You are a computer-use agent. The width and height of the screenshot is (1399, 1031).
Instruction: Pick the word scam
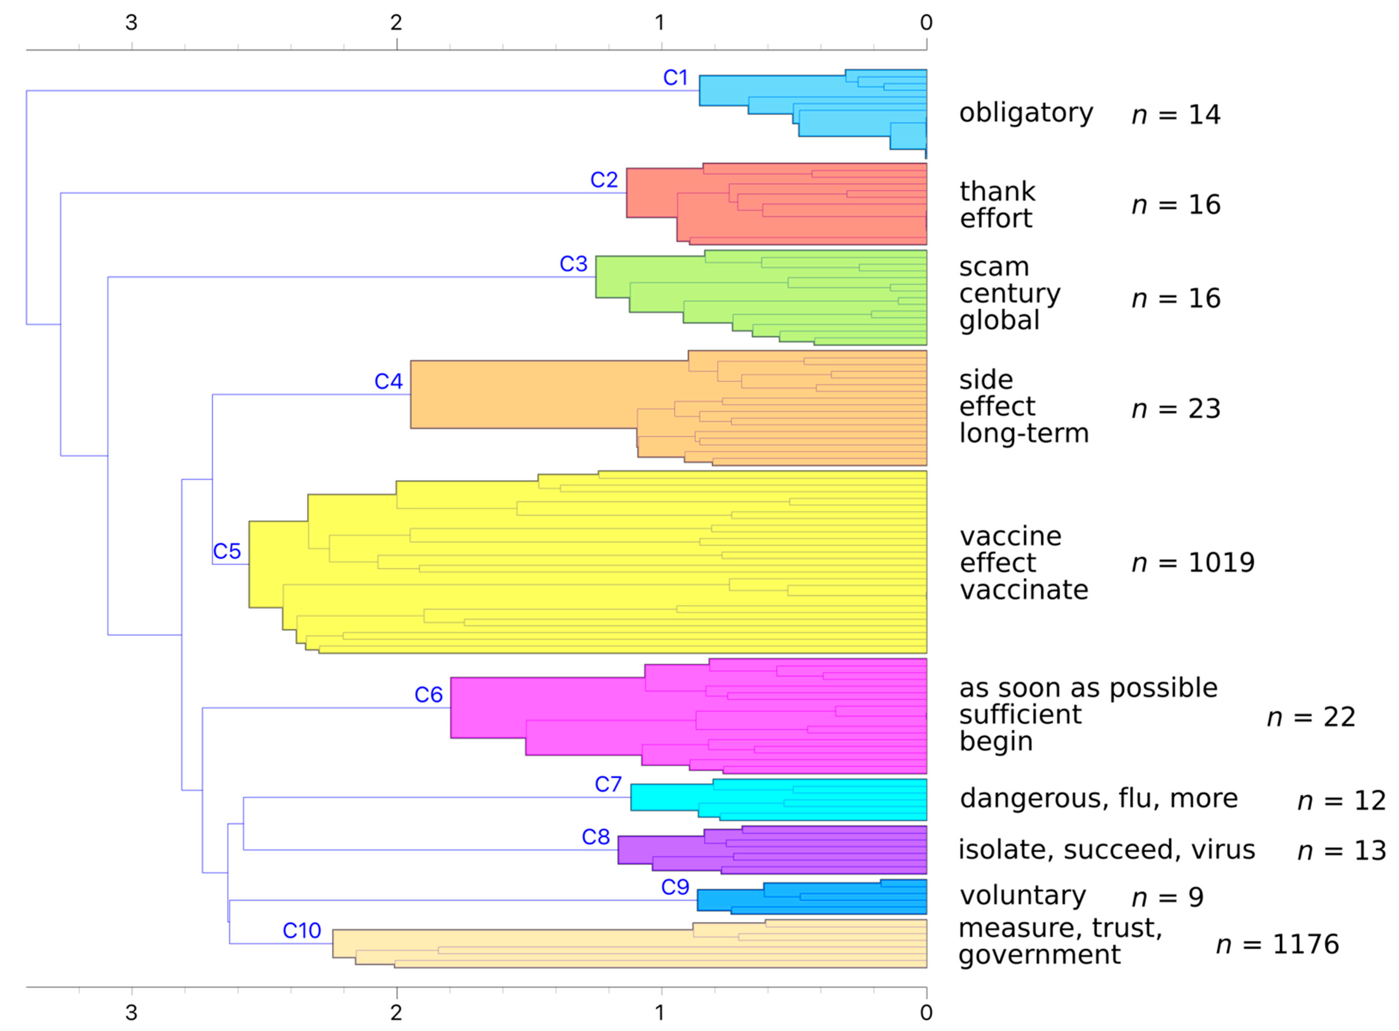(x=993, y=267)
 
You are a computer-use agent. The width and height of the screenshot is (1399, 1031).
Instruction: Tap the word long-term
(x=1024, y=433)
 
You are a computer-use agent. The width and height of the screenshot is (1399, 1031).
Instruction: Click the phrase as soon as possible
(x=1088, y=688)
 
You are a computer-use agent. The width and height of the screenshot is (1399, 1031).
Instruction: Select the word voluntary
(x=1022, y=896)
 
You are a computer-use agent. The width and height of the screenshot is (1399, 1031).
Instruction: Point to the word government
(x=1039, y=955)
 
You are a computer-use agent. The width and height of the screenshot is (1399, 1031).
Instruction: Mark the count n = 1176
(x=1277, y=944)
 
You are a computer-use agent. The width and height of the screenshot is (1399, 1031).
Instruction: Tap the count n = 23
(x=1176, y=409)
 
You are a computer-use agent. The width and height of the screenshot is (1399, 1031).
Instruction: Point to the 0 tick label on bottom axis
(x=926, y=1012)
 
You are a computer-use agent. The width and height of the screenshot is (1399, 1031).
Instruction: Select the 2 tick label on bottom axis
(x=396, y=1012)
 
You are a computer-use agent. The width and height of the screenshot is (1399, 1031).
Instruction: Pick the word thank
(x=997, y=192)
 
